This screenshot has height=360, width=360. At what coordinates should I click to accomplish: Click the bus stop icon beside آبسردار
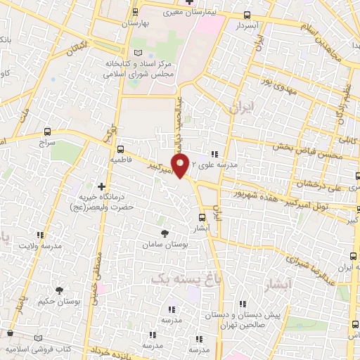pos(246,15)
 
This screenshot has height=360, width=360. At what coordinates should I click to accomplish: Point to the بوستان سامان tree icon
pos(165,233)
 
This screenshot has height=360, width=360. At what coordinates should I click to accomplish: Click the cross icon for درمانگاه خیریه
pos(102,187)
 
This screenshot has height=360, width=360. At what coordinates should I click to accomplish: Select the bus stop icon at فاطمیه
pos(121,149)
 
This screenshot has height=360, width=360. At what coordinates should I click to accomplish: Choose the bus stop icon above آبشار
pos(202,217)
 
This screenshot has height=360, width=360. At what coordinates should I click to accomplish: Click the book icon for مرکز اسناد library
pos(137,54)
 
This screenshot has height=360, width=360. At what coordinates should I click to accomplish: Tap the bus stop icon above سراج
pos(47,131)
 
